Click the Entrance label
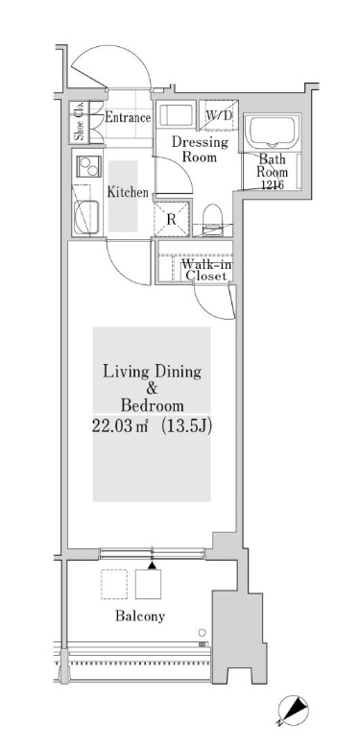pos(128,118)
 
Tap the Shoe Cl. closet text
pos(80,121)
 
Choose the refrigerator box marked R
pos(170,218)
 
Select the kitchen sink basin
pos(88,219)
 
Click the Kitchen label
pos(127,193)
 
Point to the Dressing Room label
pos(199,150)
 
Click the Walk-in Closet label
pos(206,269)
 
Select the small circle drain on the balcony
pos(202,632)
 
